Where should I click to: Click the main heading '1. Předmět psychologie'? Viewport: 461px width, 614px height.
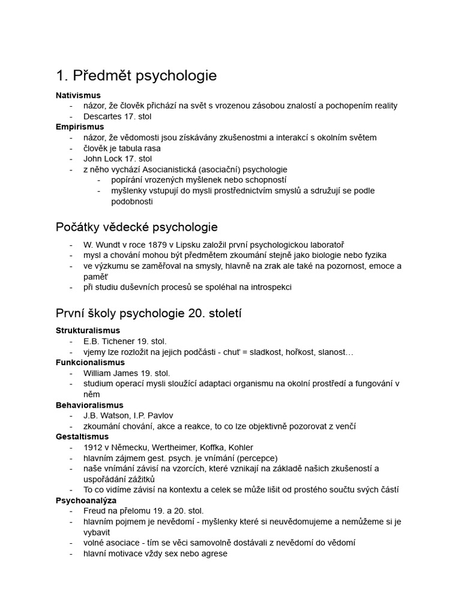pos(136,76)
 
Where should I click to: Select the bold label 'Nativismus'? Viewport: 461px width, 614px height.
pos(78,95)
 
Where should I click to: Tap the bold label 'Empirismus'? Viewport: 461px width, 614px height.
pos(80,127)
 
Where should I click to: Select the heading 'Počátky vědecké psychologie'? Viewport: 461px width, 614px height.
pos(136,227)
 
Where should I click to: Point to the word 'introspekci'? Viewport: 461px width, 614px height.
pos(268,287)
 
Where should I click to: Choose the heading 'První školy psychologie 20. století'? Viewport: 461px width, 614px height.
pos(148,314)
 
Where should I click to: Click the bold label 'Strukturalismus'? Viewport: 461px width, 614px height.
pos(88,330)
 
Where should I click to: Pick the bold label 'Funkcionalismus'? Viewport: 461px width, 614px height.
pos(90,362)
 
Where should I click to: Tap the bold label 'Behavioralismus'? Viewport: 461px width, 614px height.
pos(89,405)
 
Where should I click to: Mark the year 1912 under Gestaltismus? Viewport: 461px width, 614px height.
pos(94,447)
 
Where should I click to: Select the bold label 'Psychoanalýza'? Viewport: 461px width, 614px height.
pos(86,500)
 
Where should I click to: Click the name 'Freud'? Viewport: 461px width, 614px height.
pos(96,511)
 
